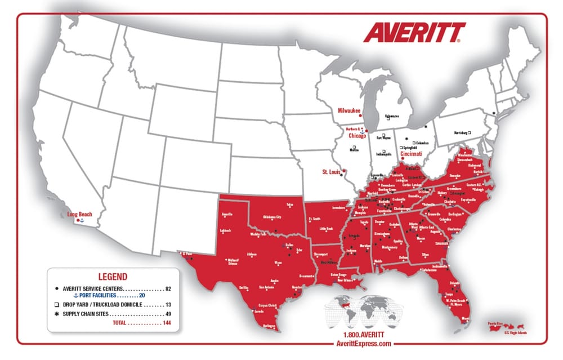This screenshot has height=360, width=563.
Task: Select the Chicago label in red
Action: [357, 136]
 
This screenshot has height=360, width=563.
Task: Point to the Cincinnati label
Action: [411, 153]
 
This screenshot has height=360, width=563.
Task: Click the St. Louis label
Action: [331, 171]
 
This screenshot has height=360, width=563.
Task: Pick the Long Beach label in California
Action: [79, 214]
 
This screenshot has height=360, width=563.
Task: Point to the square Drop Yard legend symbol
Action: [57, 304]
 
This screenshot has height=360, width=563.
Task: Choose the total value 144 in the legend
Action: [166, 323]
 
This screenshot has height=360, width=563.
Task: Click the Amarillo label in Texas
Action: [227, 215]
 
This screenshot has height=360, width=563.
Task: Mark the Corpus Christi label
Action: [269, 304]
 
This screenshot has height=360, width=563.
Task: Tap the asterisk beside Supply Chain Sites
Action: [57, 314]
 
